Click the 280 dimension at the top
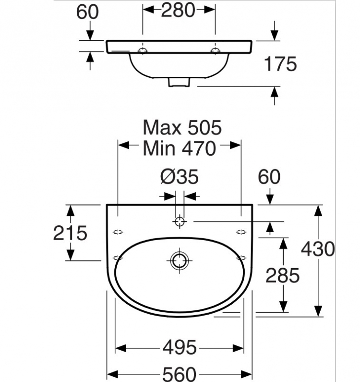pyautogui.click(x=178, y=10)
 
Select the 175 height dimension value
pyautogui.click(x=280, y=64)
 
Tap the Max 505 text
pyautogui.click(x=182, y=127)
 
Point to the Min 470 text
pyautogui.click(x=180, y=148)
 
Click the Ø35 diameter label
pyautogui.click(x=180, y=177)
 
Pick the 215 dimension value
pyautogui.click(x=70, y=233)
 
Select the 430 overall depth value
pyautogui.click(x=318, y=249)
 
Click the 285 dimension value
pyautogui.click(x=283, y=275)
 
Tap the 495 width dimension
pyautogui.click(x=180, y=347)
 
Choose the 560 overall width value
pyautogui.click(x=179, y=374)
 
